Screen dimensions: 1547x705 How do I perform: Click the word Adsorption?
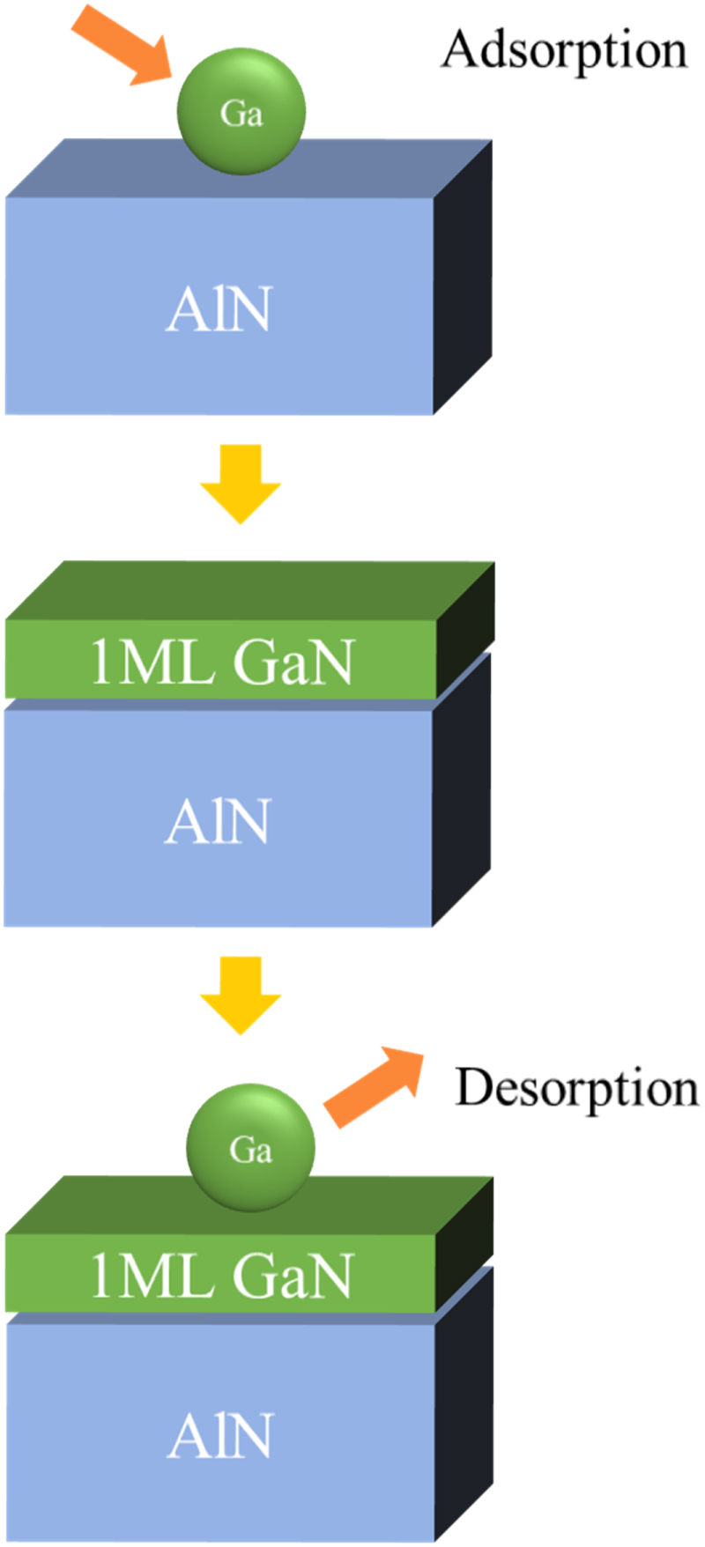(564, 50)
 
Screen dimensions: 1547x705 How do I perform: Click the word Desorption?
(576, 1088)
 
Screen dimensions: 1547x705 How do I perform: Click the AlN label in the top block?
(219, 310)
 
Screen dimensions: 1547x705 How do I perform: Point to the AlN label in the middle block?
(218, 822)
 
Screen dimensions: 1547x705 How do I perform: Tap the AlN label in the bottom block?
(220, 1436)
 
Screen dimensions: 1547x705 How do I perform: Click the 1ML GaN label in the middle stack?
(221, 662)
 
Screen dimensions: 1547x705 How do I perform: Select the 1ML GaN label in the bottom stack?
(221, 1276)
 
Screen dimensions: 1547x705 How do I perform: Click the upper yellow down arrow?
(241, 484)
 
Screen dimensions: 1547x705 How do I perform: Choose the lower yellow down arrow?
(241, 995)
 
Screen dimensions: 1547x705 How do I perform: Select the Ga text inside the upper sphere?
(241, 114)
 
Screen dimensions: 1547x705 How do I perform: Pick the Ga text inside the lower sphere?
(250, 1150)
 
